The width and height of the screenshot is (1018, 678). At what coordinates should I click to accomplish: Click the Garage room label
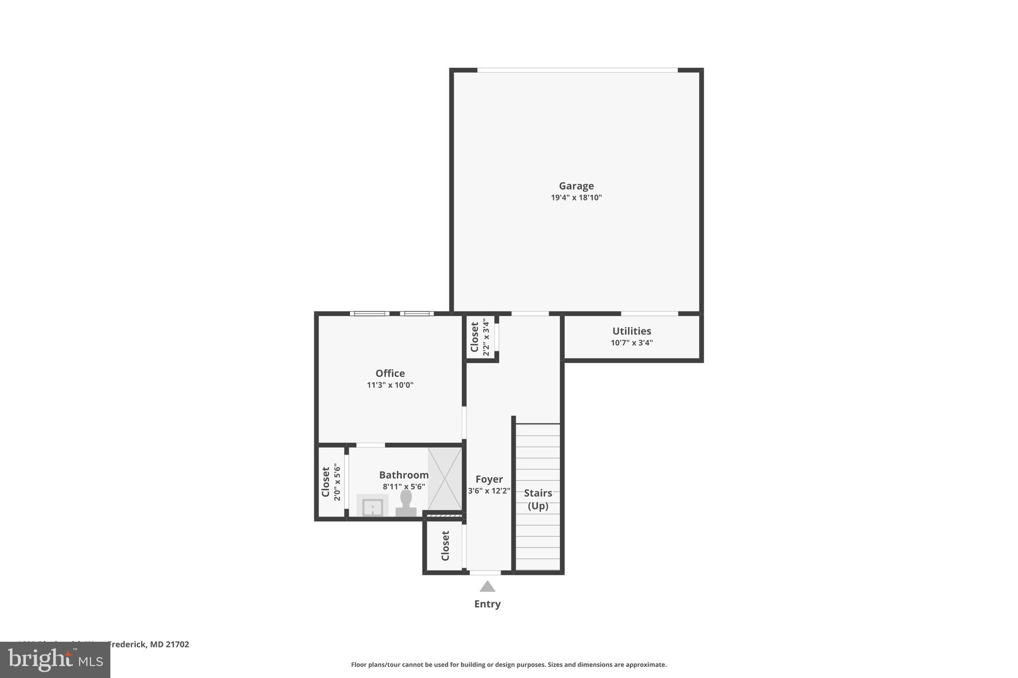pyautogui.click(x=576, y=186)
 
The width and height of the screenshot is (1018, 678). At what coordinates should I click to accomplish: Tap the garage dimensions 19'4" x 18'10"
pyautogui.click(x=576, y=198)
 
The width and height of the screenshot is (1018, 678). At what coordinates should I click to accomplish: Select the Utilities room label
pyautogui.click(x=631, y=331)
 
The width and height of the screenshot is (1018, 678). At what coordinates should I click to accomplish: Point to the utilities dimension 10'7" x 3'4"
pyautogui.click(x=631, y=343)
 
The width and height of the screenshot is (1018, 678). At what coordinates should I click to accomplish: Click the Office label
pyautogui.click(x=390, y=373)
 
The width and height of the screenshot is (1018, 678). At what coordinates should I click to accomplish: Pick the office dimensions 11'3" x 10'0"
pyautogui.click(x=390, y=385)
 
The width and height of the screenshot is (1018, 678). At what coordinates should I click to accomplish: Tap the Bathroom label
pyautogui.click(x=403, y=475)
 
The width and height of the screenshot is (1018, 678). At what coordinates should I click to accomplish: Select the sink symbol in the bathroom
pyautogui.click(x=372, y=506)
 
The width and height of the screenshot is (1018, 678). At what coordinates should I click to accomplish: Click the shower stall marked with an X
pyautogui.click(x=444, y=479)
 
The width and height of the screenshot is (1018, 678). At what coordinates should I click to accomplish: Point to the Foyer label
pyautogui.click(x=489, y=479)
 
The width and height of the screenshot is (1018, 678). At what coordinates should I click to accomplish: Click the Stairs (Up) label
pyautogui.click(x=538, y=499)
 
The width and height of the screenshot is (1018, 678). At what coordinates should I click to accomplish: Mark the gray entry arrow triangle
pyautogui.click(x=487, y=587)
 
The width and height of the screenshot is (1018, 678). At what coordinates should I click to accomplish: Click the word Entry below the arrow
pyautogui.click(x=487, y=604)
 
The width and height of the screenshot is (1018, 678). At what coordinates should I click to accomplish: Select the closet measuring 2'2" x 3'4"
pyautogui.click(x=480, y=337)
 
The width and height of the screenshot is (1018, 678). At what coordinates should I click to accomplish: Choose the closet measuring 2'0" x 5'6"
pyautogui.click(x=331, y=482)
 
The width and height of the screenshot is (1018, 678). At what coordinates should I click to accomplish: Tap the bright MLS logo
pyautogui.click(x=55, y=660)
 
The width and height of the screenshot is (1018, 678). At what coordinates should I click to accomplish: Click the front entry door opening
pyautogui.click(x=485, y=573)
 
